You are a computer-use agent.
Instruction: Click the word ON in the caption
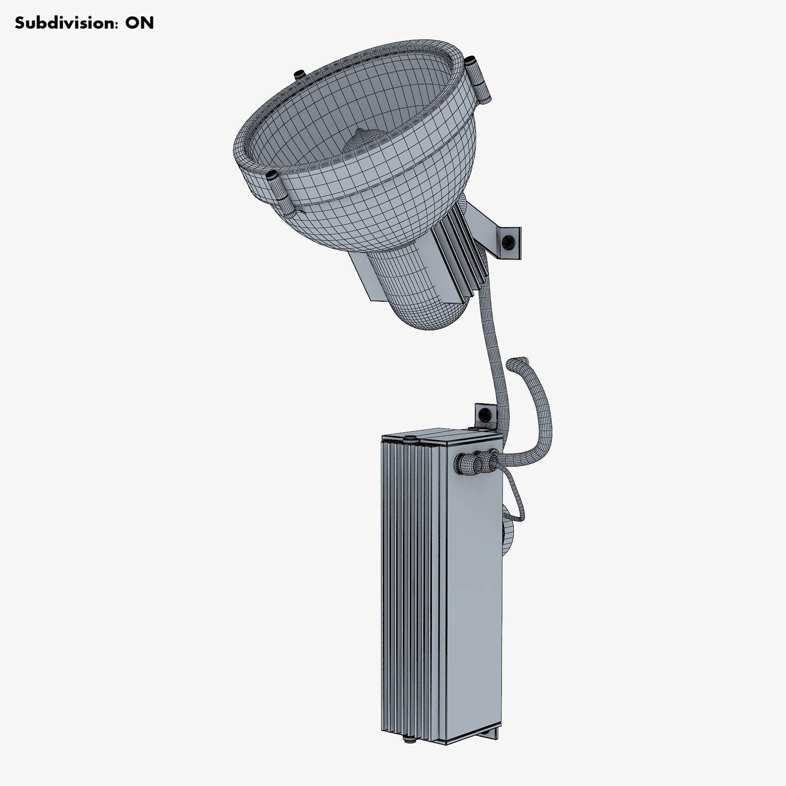click(x=140, y=23)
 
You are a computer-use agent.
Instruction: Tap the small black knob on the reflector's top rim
click(x=298, y=74)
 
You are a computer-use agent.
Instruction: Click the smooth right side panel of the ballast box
click(x=475, y=594)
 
